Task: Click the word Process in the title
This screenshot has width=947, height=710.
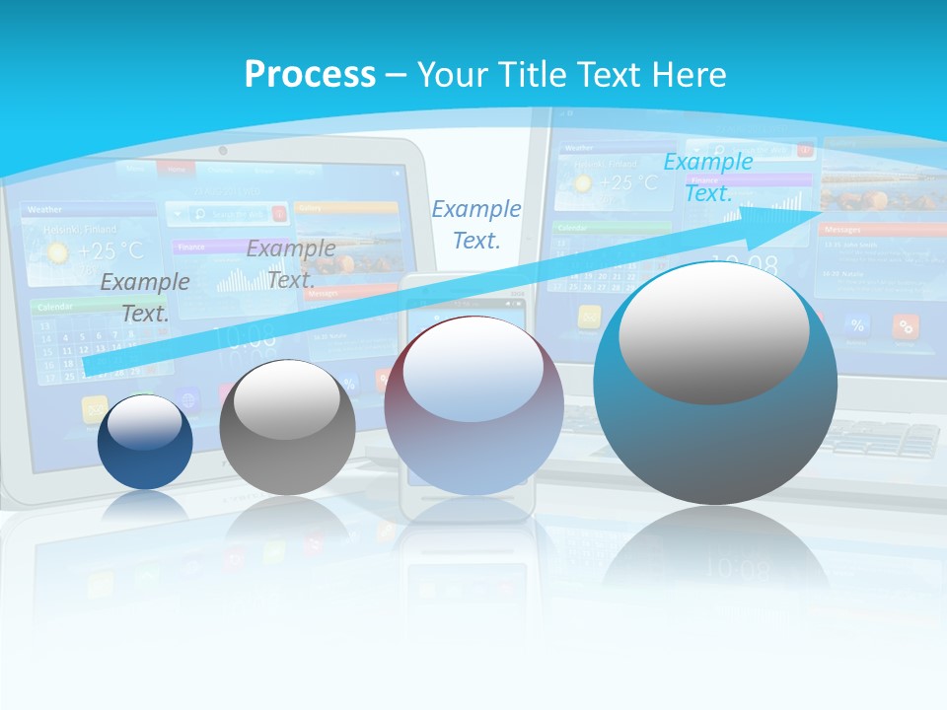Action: point(310,75)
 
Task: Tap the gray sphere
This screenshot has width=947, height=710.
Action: point(287,428)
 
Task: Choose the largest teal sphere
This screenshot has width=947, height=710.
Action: point(714,385)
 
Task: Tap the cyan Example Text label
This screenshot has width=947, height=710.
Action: point(707,177)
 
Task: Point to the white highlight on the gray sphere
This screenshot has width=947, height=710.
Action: point(287,398)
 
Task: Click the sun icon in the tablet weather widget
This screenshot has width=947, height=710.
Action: point(58,252)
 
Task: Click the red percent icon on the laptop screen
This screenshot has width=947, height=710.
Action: point(906,325)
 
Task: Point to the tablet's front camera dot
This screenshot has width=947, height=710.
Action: point(223,151)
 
